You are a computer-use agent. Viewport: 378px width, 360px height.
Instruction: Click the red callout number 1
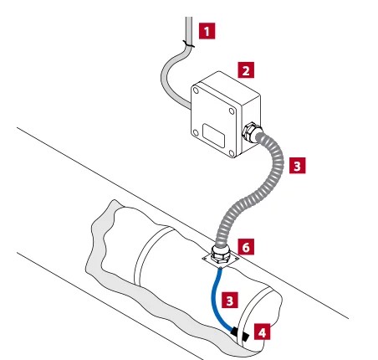[x=207, y=31]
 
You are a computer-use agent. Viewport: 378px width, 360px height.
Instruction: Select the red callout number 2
[x=246, y=70]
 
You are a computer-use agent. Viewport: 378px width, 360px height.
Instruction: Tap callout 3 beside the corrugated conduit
[x=297, y=166]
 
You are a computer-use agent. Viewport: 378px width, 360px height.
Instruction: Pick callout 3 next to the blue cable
[x=230, y=301]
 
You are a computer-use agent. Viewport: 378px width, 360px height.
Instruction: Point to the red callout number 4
[x=262, y=332]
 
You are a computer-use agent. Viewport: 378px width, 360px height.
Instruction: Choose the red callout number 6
[x=246, y=247]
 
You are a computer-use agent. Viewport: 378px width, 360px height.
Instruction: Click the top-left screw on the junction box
[x=196, y=90]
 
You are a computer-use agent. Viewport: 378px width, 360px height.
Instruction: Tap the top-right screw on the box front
[x=232, y=111]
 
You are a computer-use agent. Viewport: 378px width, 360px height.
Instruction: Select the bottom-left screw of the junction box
[x=196, y=133]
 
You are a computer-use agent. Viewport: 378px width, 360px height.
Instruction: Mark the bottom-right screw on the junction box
[x=232, y=153]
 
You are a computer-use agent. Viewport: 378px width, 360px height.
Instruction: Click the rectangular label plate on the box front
[x=214, y=136]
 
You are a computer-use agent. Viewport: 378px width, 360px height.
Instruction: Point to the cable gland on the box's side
[x=251, y=131]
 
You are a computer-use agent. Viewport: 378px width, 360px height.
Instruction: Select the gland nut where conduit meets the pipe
[x=220, y=255]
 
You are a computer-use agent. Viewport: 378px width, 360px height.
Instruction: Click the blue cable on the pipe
[x=215, y=299]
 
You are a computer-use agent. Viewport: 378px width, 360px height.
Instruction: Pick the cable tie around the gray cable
[x=189, y=44]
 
